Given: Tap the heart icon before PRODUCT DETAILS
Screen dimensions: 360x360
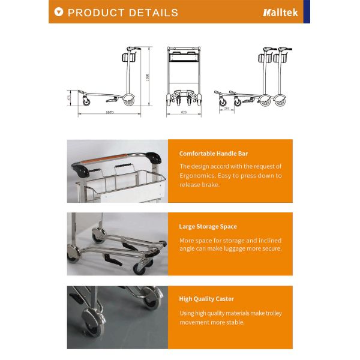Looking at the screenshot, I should click(x=58, y=12).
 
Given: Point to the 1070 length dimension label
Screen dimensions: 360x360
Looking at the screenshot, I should click(x=109, y=112).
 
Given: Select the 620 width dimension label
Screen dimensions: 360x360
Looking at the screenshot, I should click(x=183, y=112).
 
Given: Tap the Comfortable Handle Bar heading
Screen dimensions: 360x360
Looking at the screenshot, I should click(x=213, y=154).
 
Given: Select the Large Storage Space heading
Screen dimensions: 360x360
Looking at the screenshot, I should click(x=208, y=227).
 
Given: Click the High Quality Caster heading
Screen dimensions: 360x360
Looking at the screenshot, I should click(x=206, y=299).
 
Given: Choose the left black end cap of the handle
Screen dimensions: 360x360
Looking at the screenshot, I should click(x=81, y=170).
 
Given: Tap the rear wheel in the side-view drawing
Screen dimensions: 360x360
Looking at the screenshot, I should click(x=127, y=101).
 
